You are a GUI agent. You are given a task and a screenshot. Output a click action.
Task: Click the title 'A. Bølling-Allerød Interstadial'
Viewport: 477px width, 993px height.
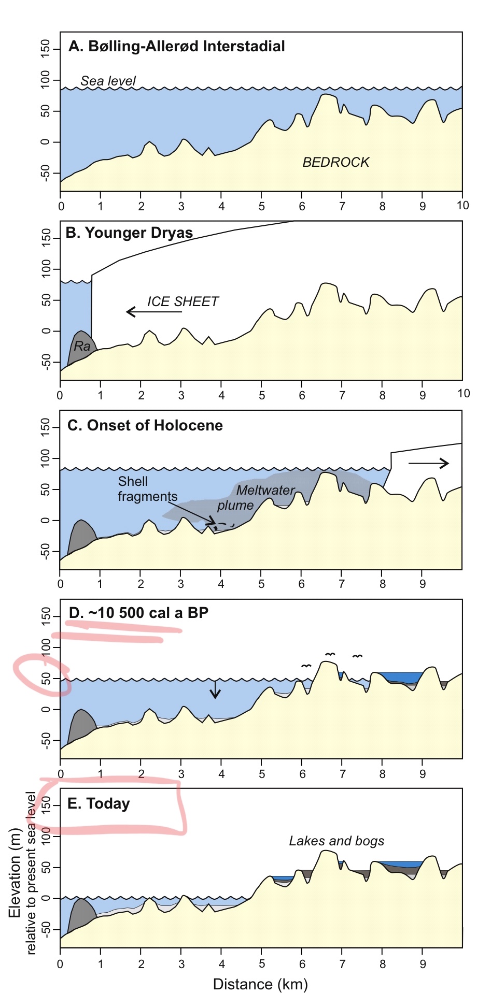click(x=176, y=46)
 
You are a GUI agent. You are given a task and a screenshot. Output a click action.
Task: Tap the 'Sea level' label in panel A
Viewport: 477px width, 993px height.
click(x=108, y=81)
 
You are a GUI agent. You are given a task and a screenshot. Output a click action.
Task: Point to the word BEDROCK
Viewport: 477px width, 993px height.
click(x=335, y=162)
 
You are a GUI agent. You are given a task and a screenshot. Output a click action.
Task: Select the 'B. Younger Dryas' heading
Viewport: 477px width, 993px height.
click(x=129, y=233)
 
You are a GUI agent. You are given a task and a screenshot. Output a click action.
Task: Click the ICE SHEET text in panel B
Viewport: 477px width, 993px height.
click(x=183, y=301)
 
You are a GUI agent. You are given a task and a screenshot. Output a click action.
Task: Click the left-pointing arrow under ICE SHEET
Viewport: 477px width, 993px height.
click(x=154, y=312)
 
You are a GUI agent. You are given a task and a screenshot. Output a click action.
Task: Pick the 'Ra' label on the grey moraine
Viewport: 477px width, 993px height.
click(x=82, y=346)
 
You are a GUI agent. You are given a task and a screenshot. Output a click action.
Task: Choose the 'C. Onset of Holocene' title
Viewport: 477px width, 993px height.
click(x=145, y=425)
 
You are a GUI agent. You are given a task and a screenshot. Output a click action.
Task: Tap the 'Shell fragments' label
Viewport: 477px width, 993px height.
click(x=147, y=489)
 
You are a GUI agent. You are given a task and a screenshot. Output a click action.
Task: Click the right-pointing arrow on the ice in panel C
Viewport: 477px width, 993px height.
click(x=429, y=463)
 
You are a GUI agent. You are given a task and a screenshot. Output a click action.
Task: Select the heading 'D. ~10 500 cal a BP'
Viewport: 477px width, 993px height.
click(x=138, y=613)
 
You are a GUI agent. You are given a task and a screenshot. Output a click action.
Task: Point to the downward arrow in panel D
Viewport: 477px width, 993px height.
click(x=215, y=689)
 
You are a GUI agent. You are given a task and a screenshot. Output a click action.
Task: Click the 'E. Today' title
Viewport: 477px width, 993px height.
click(x=99, y=803)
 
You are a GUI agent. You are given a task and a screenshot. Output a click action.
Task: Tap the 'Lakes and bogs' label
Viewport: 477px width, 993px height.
click(x=336, y=841)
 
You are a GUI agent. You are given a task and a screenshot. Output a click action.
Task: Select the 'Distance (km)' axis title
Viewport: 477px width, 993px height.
click(x=260, y=984)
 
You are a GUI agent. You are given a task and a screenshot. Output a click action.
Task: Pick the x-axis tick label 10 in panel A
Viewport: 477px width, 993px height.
click(x=462, y=205)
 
